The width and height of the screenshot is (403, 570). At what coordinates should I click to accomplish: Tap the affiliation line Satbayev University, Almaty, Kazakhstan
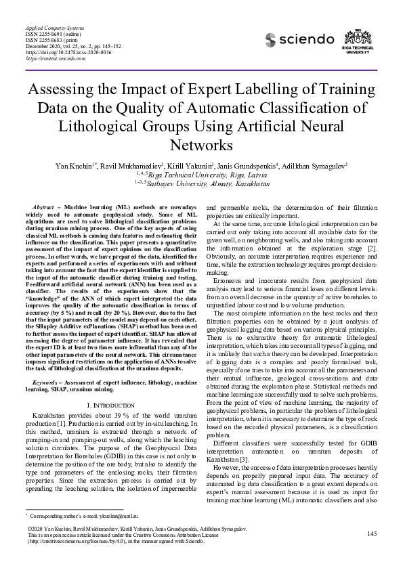tap(201, 183)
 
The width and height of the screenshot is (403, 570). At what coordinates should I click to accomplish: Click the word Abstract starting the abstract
tap(43, 206)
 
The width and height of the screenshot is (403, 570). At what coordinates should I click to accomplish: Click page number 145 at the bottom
tap(371, 534)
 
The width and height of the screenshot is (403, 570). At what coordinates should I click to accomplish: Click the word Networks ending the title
tap(201, 145)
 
